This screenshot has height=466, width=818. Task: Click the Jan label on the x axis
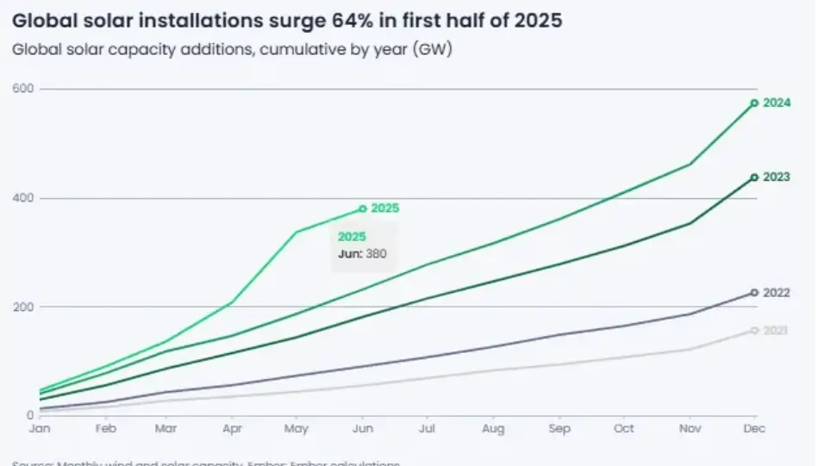[39, 428]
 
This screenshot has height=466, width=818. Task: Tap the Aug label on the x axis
[493, 428]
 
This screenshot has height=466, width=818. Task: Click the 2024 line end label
[777, 103]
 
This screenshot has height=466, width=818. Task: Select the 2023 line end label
[777, 177]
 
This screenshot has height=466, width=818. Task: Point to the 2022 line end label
[777, 293]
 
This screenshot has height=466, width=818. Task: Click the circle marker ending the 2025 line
[363, 208]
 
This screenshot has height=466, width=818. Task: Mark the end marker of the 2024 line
[754, 103]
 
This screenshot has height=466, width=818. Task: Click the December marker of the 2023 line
[754, 177]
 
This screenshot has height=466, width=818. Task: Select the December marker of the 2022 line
[754, 293]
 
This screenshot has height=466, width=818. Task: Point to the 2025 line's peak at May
[297, 232]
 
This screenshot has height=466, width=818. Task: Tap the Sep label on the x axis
[559, 428]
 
